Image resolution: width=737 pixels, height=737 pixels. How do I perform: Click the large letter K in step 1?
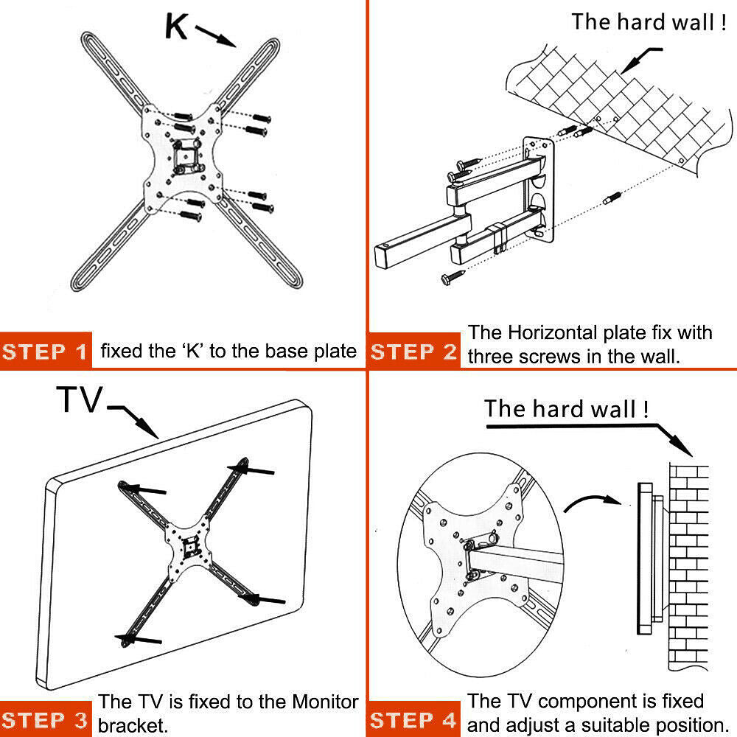(x=177, y=27)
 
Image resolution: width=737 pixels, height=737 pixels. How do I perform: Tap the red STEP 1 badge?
(x=46, y=352)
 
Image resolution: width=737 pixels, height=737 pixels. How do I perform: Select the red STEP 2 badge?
(x=414, y=352)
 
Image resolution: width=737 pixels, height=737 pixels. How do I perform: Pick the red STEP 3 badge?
(x=46, y=719)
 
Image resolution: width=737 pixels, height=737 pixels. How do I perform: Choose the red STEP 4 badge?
(x=414, y=719)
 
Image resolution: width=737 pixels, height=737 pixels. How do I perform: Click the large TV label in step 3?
(x=80, y=401)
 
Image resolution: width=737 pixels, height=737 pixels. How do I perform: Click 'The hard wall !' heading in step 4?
(x=566, y=409)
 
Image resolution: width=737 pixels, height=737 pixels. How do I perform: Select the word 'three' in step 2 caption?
(x=492, y=357)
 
